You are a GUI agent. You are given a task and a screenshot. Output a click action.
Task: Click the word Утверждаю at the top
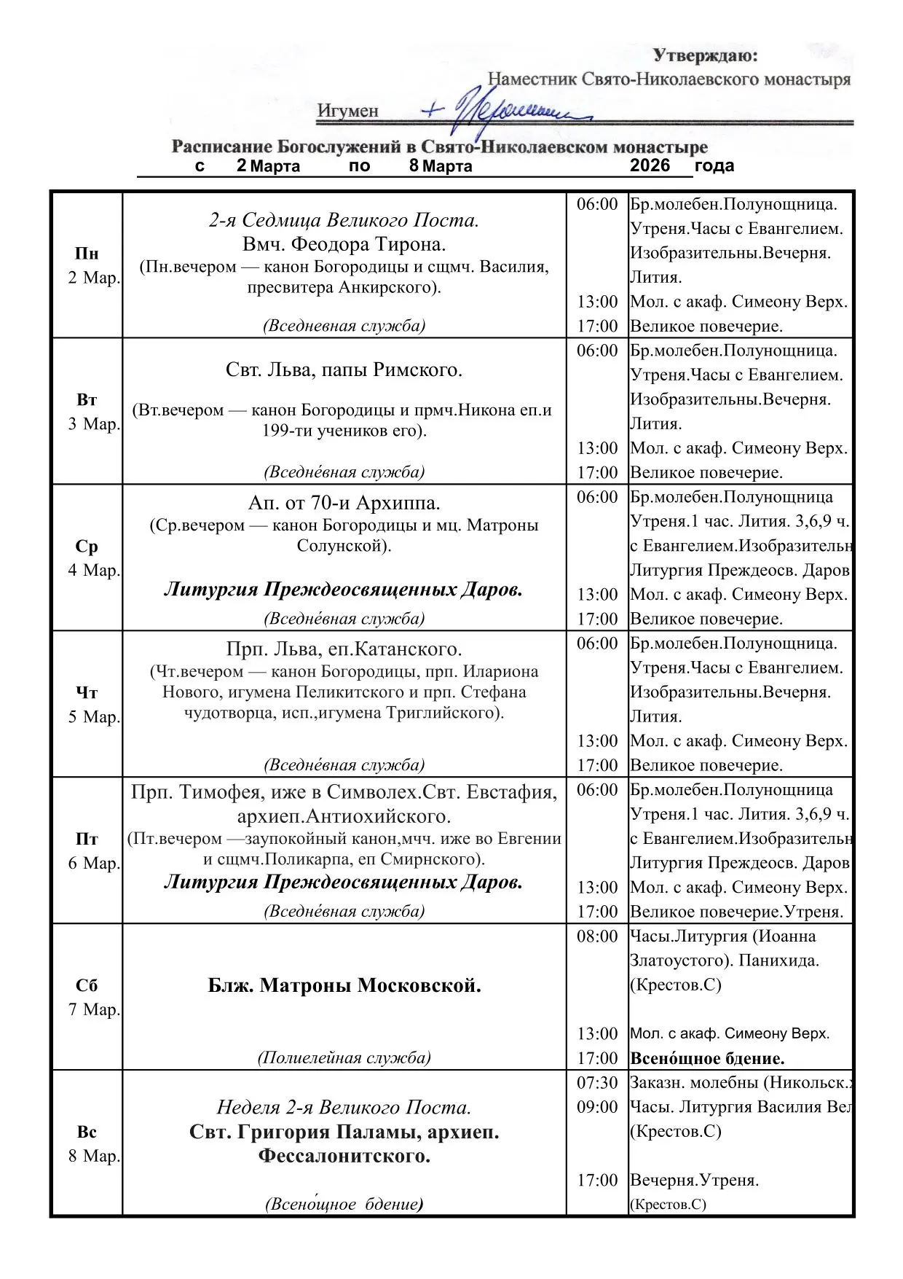[x=704, y=55]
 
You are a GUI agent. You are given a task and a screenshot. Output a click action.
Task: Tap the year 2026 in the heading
[x=650, y=165]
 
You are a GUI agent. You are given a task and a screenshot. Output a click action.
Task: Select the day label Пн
[x=87, y=254]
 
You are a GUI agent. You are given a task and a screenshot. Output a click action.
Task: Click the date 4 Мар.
[x=94, y=571]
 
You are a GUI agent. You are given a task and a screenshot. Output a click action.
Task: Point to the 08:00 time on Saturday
[x=597, y=936]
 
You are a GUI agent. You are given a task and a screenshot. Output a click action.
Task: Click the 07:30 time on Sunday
[x=597, y=1083]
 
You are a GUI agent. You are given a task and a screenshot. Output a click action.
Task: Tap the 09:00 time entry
[x=597, y=1107]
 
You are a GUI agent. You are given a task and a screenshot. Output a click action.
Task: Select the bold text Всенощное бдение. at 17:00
[x=707, y=1058]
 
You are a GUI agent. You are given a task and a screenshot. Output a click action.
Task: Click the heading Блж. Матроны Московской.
[x=344, y=986]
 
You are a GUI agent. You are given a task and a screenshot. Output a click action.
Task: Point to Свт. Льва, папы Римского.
[x=344, y=370]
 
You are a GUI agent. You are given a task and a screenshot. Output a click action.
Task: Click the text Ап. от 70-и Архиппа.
[x=344, y=503]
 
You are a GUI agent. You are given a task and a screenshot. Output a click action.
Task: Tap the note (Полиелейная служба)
[x=344, y=1057]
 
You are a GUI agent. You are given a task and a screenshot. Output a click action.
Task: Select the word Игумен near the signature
[x=348, y=112]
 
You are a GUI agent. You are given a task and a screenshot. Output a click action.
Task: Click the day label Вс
[x=87, y=1132]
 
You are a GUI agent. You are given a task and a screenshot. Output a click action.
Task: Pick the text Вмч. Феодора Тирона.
[x=344, y=244]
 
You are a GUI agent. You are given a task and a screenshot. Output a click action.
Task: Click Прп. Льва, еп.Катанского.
[x=344, y=649]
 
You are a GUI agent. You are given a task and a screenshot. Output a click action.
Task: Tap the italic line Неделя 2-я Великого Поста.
[x=344, y=1108]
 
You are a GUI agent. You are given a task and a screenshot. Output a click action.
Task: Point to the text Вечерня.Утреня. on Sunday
[x=694, y=1180]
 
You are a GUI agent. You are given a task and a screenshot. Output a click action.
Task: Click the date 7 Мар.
[x=94, y=1010]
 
